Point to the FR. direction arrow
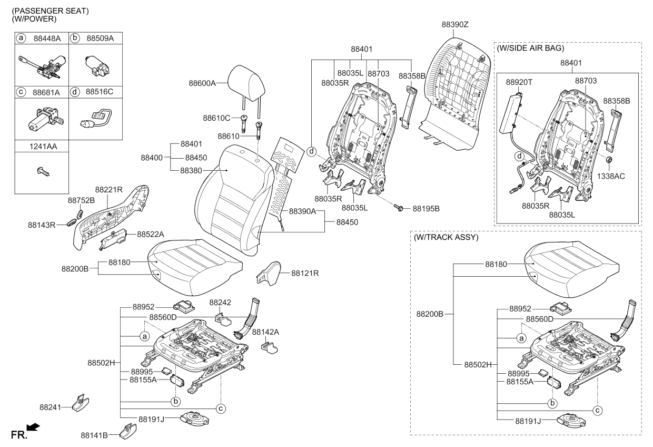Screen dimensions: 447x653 pos(32,427)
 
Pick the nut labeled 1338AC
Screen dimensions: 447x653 pos(608,160)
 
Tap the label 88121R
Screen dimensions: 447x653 pos(305,273)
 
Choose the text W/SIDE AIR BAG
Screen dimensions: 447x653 pos(530,48)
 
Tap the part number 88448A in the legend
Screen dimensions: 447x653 pos(48,38)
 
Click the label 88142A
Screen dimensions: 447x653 pos(265,332)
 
